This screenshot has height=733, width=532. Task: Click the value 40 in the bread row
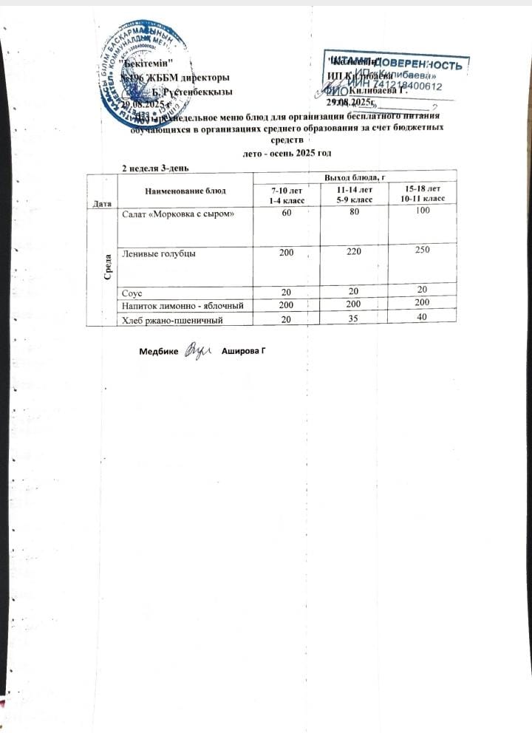[x=422, y=317]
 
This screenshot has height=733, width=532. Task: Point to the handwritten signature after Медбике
[x=198, y=348]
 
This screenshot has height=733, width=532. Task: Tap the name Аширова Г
[x=243, y=350]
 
